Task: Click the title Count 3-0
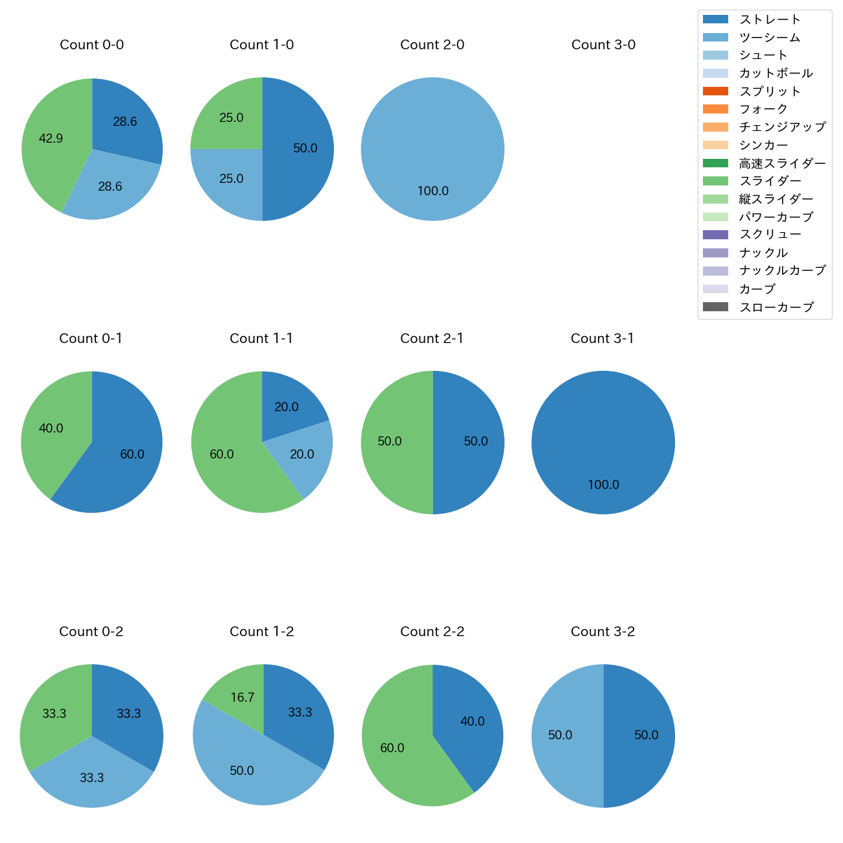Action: (603, 45)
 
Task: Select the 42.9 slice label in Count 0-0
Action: (51, 138)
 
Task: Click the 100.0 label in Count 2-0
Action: (433, 191)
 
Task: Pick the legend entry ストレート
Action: (770, 19)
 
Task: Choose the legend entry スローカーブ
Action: (776, 307)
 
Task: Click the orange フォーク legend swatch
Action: (715, 109)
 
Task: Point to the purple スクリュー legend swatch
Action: (715, 235)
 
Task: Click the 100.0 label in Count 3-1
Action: (603, 484)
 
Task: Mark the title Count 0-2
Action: (91, 632)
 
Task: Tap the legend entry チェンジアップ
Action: (783, 127)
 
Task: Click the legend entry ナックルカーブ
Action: (783, 270)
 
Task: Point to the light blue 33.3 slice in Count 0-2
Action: (91, 778)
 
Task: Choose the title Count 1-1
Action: (261, 338)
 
